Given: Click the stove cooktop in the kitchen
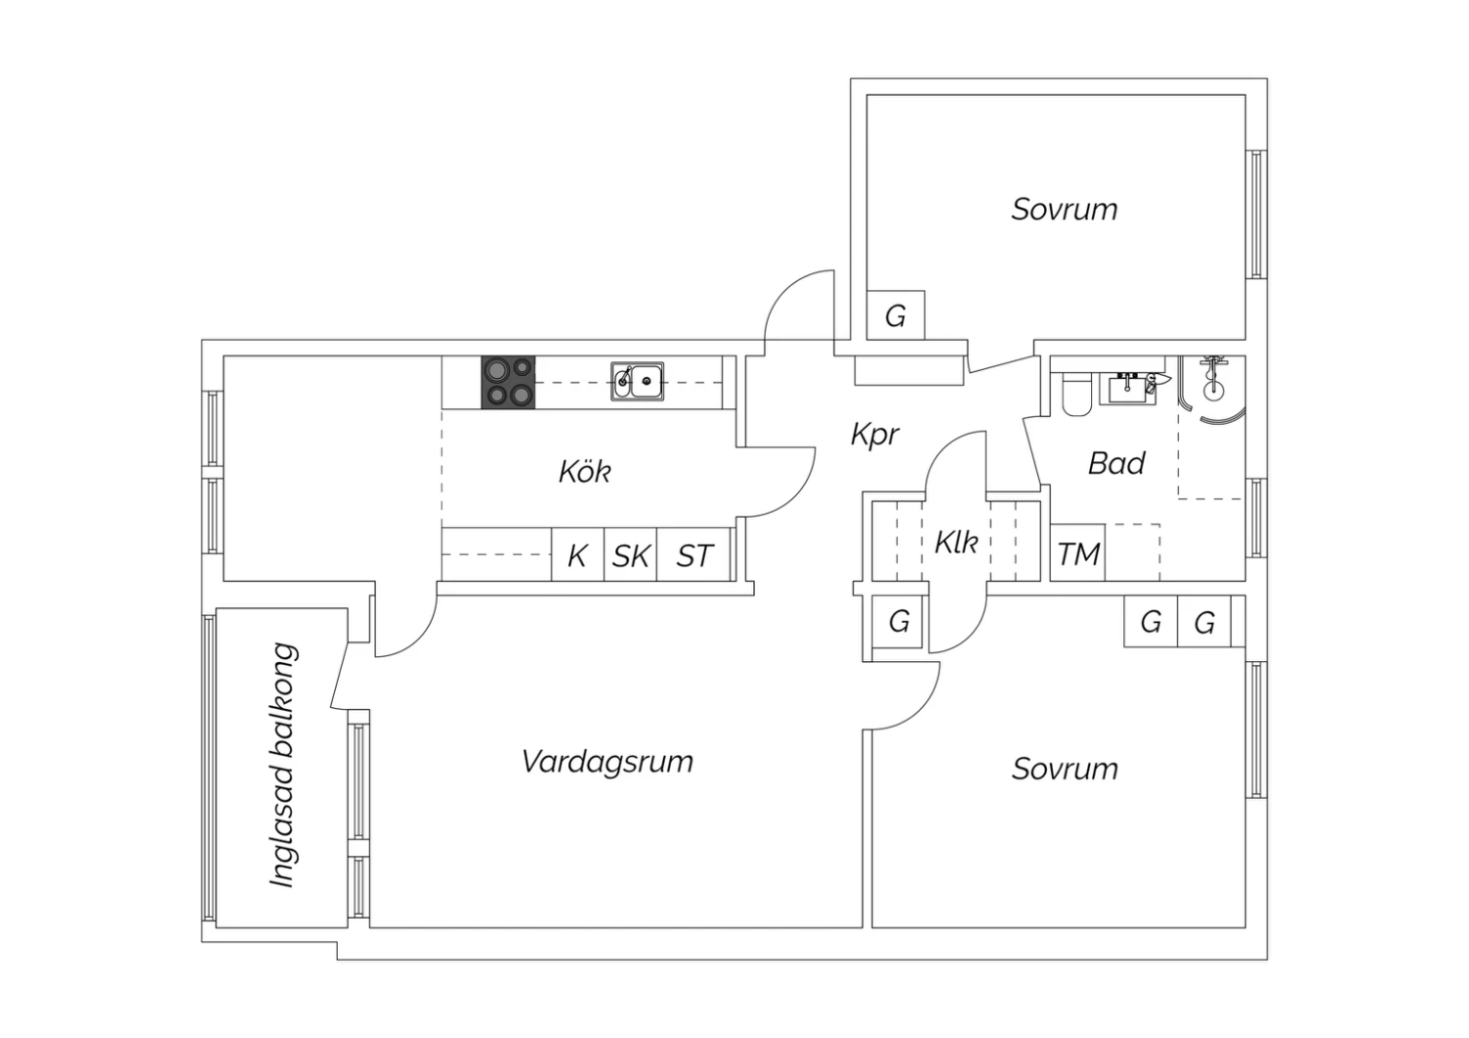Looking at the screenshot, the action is point(508,383).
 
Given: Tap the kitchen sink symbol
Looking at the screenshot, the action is point(638,382).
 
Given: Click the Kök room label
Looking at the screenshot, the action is point(585,471).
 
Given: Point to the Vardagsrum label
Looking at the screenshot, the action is point(607,763).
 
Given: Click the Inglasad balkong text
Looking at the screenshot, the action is point(283,765).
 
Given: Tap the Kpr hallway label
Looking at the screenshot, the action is point(875,435).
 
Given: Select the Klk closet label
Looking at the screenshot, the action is point(956,543).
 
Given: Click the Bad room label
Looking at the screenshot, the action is point(1116,463).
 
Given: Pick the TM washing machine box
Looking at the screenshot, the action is point(1077,552).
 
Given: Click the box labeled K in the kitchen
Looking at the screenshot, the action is point(578,554).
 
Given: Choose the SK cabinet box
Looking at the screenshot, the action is point(631,554).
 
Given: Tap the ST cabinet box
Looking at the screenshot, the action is point(693,554).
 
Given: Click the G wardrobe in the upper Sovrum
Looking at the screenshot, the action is point(896,315).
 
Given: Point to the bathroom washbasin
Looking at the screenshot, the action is point(1128,390).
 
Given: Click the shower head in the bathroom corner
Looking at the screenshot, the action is point(1214,377).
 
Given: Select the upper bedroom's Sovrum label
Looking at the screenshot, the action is point(1065,210).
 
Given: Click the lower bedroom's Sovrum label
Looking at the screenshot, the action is point(1065,769).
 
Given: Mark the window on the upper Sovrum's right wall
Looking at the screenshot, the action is point(1256,214).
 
